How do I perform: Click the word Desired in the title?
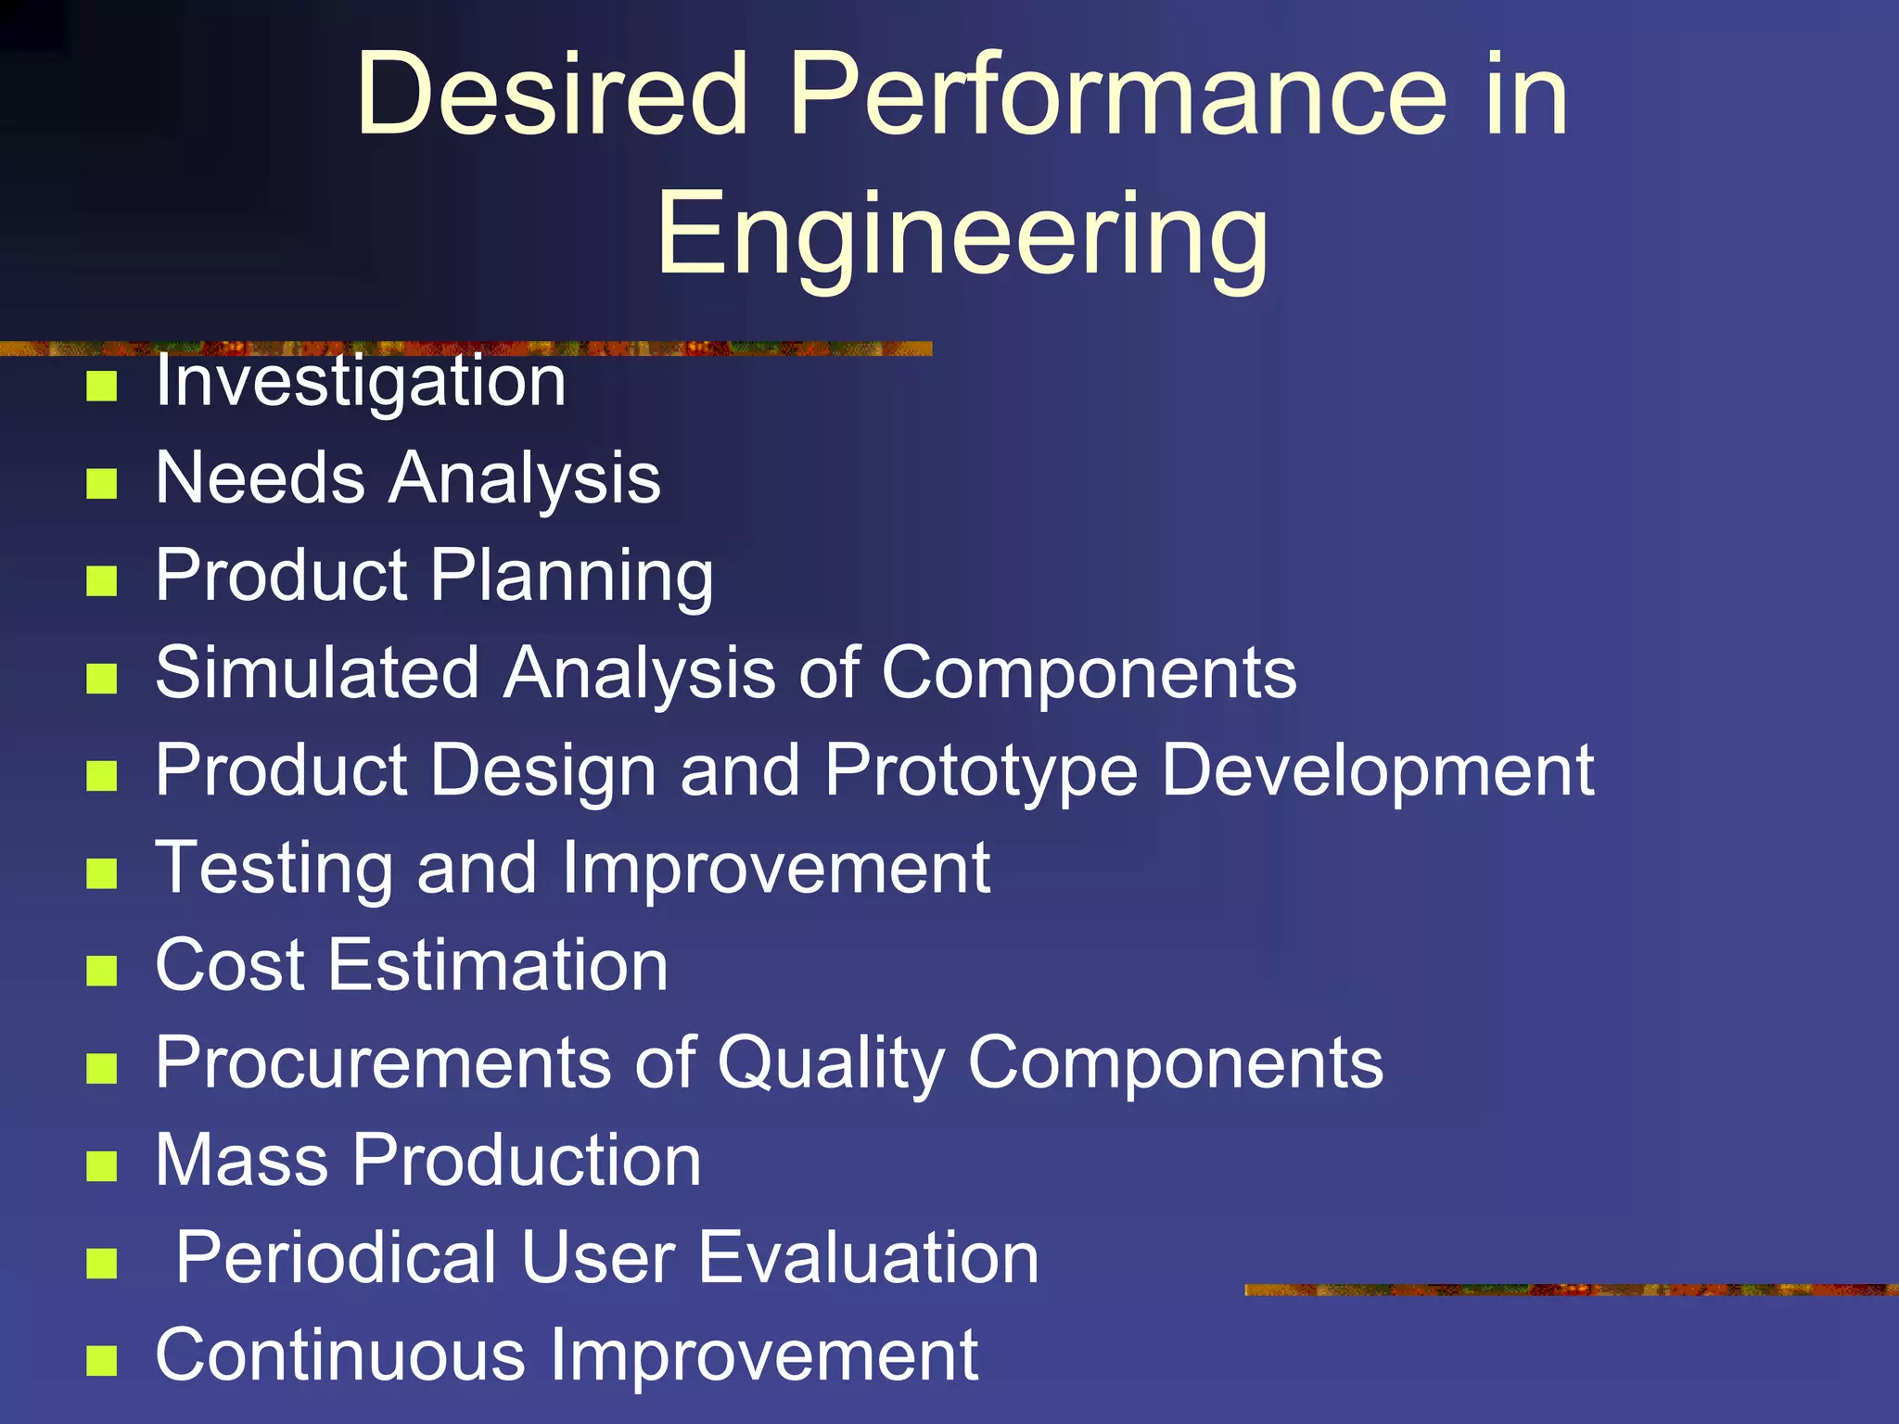[552, 95]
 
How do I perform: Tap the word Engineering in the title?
[962, 234]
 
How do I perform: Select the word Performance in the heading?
[1117, 95]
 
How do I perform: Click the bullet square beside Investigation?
[101, 386]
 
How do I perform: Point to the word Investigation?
[360, 383]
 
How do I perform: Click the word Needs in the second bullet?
[260, 478]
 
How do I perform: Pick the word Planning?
[572, 578]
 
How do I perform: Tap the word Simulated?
[317, 672]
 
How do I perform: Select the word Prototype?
[980, 771]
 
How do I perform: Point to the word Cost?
[229, 965]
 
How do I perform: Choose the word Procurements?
[382, 1062]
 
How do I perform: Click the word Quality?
[830, 1064]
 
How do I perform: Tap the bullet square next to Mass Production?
[101, 1165]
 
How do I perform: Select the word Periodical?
[336, 1258]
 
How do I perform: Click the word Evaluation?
[868, 1258]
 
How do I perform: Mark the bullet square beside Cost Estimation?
[101, 971]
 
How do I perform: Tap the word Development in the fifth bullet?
[1377, 771]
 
